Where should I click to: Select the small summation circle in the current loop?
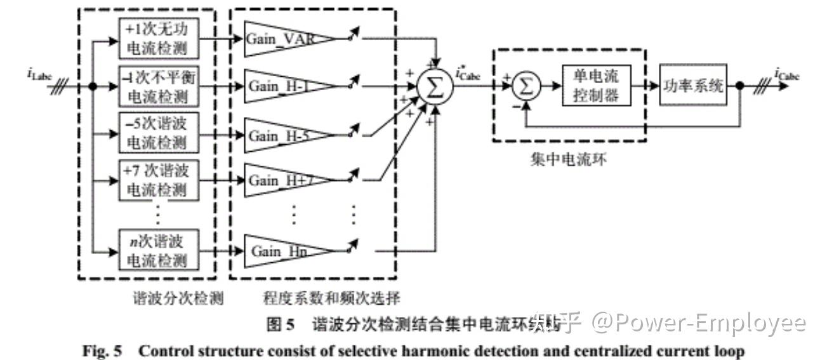(526, 87)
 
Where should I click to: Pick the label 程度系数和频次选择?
(331, 298)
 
